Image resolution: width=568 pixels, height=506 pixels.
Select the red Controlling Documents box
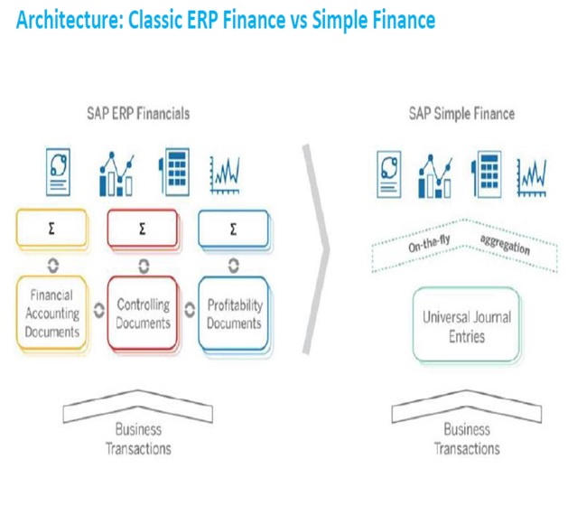click(x=143, y=314)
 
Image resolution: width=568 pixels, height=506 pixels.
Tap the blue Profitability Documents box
click(x=234, y=314)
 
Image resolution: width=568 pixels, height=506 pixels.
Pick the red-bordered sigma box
click(x=143, y=230)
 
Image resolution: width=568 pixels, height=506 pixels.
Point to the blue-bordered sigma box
click(x=234, y=230)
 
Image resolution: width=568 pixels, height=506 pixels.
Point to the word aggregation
click(x=506, y=245)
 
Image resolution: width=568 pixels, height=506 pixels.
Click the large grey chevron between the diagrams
click(x=315, y=244)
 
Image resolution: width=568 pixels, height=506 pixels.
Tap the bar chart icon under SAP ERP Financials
click(x=118, y=173)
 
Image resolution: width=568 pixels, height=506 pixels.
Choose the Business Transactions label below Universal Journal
click(x=466, y=439)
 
